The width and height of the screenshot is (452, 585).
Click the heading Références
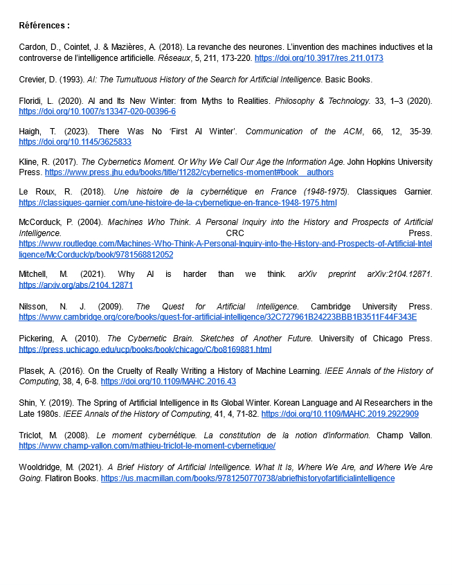click(44, 26)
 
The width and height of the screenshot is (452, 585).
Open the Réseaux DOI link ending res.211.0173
click(318, 58)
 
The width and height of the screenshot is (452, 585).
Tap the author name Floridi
click(31, 101)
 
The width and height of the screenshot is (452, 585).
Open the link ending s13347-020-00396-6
click(97, 111)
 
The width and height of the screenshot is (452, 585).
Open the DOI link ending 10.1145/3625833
click(75, 142)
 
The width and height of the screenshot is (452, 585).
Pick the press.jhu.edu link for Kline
click(189, 172)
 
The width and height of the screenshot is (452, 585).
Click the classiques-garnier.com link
click(177, 203)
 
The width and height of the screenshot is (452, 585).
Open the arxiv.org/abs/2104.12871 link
click(75, 285)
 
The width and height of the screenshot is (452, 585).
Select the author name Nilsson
click(32, 307)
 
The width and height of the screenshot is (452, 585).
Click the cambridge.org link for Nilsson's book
click(217, 316)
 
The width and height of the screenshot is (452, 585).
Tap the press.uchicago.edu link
click(145, 349)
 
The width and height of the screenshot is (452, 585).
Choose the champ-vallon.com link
click(147, 446)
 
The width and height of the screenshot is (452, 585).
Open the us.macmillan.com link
click(247, 478)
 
